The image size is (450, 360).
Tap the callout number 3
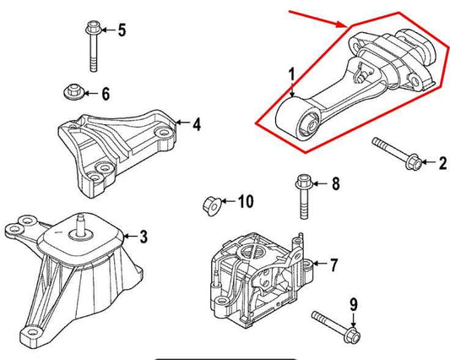143,235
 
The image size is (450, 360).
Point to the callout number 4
196,125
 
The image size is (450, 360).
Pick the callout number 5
121,31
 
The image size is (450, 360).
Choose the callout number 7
333,265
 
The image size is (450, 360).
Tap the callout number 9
353,303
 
